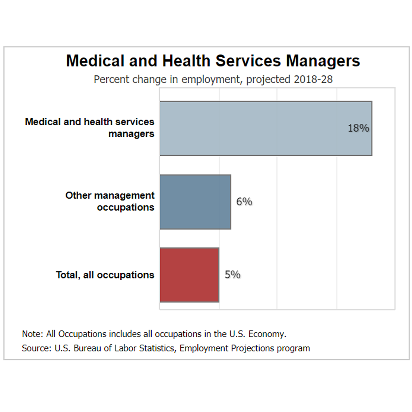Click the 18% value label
[358, 128]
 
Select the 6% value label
[244, 202]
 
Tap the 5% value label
[232, 275]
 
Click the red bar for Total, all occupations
[189, 275]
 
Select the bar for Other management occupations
[195, 202]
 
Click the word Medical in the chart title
[91, 61]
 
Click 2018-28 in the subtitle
[313, 79]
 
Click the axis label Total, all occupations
[105, 275]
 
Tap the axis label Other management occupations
[110, 201]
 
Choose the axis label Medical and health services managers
[90, 128]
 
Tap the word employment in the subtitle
[209, 79]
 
